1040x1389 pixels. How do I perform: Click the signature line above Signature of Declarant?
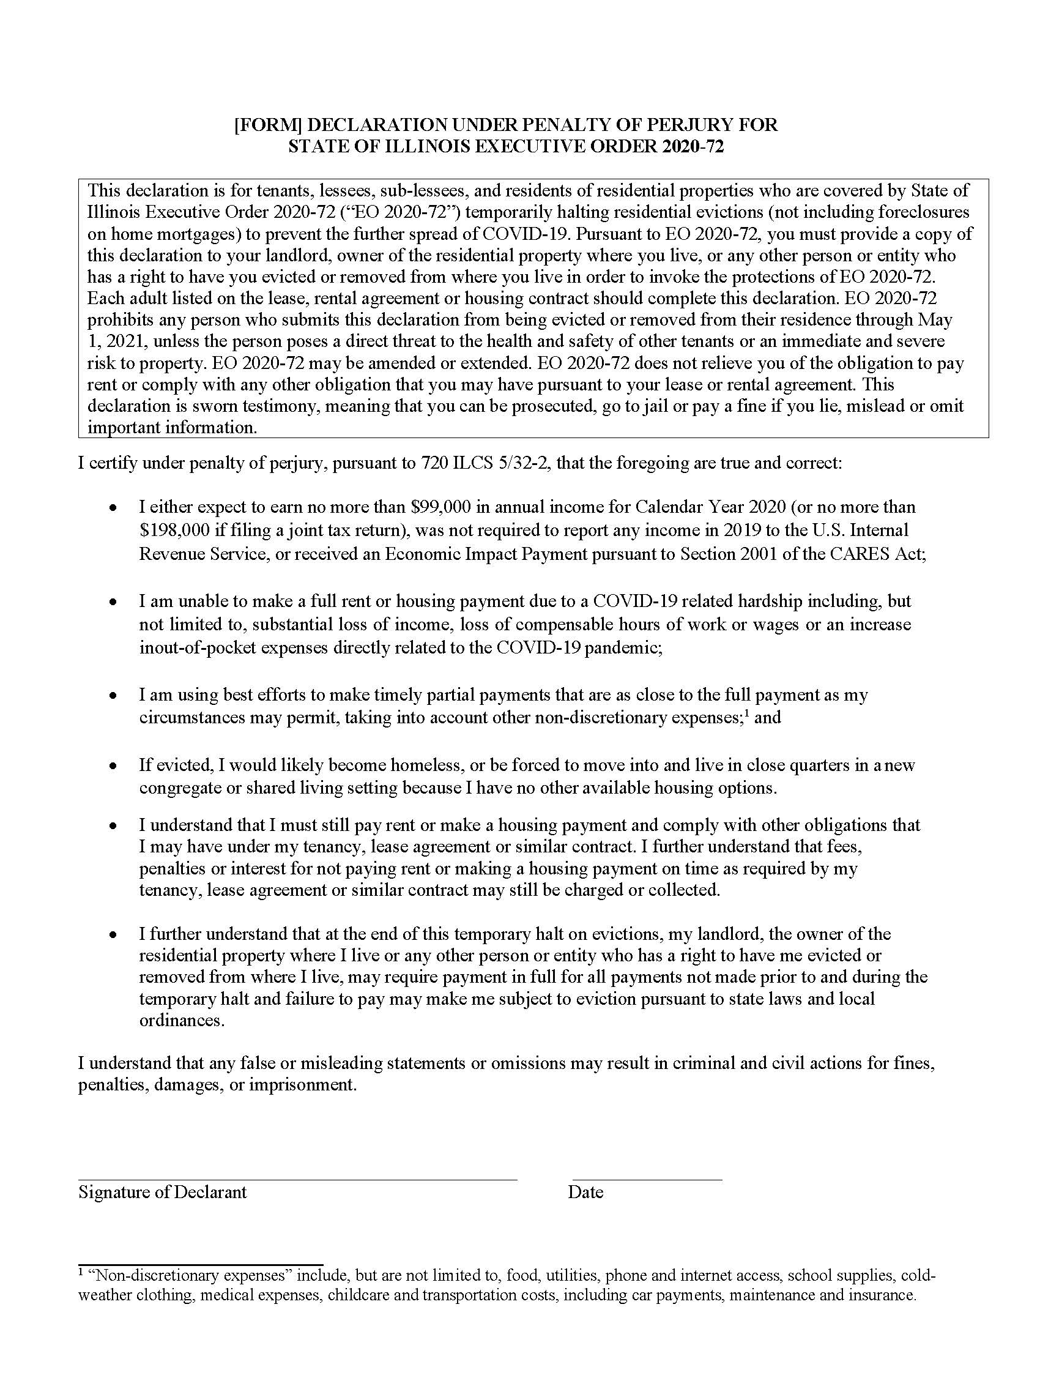[297, 1180]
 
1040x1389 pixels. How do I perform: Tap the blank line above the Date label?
[647, 1180]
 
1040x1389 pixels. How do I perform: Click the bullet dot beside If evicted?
[113, 766]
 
